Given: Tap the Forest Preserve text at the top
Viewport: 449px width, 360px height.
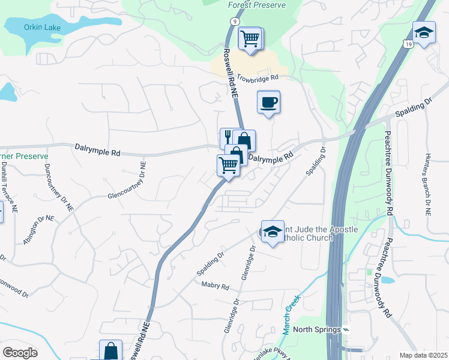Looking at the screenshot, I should point(257,5).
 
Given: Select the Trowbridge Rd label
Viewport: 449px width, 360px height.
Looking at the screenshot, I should point(258,77).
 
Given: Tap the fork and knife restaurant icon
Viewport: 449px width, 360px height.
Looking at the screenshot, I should point(229,138).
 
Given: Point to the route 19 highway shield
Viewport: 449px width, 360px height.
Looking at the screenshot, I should point(408,44).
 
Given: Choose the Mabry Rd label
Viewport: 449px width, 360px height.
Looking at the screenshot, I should point(215,287).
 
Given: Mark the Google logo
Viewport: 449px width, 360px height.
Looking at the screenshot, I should point(20,353).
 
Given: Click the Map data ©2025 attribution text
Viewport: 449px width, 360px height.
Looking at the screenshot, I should point(423,355).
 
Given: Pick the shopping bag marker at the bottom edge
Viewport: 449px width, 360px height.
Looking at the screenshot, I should point(110,350).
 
